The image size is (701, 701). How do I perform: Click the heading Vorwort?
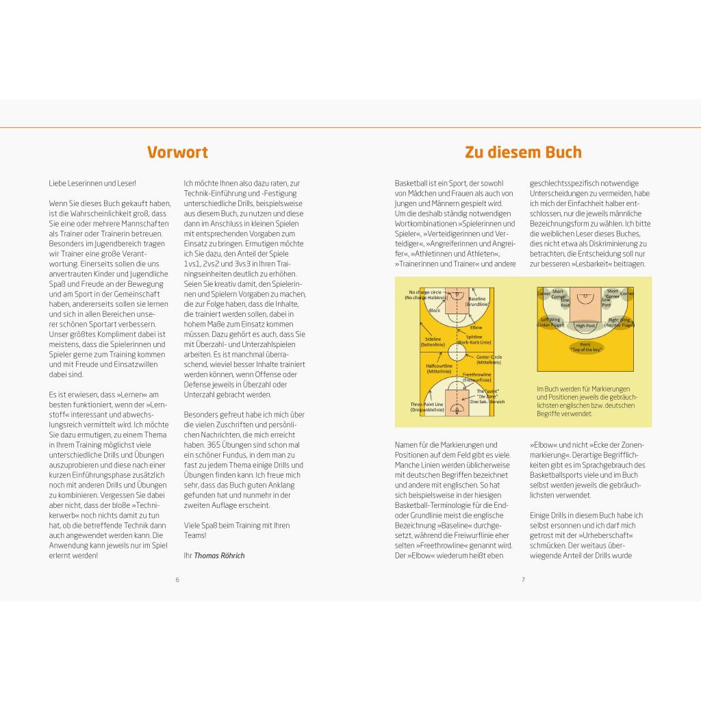tap(177, 152)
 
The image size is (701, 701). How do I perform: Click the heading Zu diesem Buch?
tap(523, 152)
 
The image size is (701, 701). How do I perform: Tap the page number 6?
tap(177, 580)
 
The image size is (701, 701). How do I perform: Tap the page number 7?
tap(523, 580)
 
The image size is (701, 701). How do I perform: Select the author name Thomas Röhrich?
tap(219, 555)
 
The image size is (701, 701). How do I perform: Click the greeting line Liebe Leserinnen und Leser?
tap(92, 183)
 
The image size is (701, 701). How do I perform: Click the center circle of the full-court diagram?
tap(457, 353)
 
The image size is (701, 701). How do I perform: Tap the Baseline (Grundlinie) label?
tap(476, 301)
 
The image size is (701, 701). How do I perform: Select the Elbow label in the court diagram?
tap(476, 327)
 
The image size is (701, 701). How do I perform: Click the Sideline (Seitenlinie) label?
tap(433, 341)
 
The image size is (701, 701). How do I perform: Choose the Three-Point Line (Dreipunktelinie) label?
tap(427, 407)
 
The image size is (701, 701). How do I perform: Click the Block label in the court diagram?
tap(435, 310)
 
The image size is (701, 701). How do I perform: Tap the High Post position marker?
tap(585, 326)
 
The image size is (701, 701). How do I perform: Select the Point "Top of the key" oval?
tap(585, 347)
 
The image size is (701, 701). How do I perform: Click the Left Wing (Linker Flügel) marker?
tap(551, 322)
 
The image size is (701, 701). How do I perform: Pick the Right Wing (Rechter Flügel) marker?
tap(620, 322)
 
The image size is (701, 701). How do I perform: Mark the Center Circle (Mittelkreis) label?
tap(489, 359)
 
